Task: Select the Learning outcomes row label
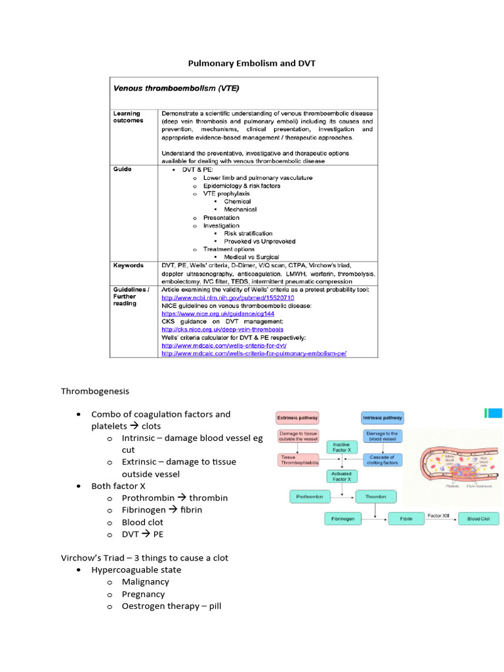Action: tap(128, 117)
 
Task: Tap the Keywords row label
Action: tap(129, 265)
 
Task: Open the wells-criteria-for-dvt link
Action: tap(224, 345)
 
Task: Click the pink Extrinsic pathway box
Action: tap(297, 417)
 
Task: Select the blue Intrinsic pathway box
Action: tap(383, 417)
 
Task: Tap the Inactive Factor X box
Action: tap(341, 447)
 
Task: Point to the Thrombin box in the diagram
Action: tap(376, 497)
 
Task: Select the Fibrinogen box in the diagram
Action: tap(343, 518)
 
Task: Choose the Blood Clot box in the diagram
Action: tap(478, 518)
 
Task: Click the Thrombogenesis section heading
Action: tap(95, 391)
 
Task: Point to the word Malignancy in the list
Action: tap(145, 581)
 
